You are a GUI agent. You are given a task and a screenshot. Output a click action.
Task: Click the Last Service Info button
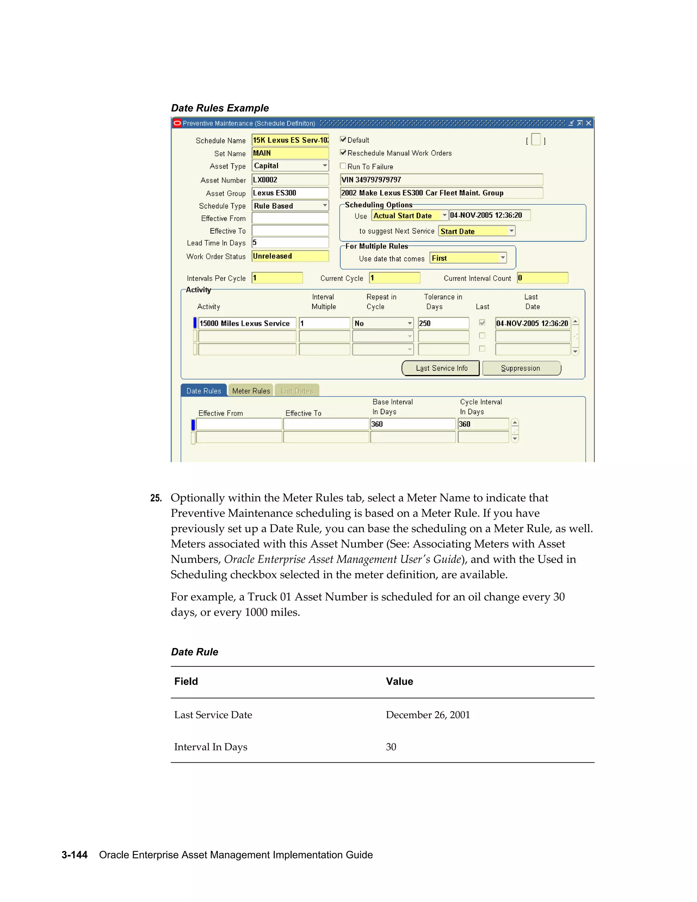441,368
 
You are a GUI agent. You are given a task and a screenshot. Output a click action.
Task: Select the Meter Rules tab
250,391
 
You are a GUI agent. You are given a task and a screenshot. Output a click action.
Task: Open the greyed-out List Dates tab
297,391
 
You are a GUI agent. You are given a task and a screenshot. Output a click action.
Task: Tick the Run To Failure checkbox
343,166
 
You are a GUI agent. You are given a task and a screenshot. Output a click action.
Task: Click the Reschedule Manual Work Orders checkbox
343,152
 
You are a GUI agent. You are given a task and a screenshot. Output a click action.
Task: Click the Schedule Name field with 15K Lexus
290,140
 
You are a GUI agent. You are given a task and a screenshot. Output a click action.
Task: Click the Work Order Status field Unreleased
290,256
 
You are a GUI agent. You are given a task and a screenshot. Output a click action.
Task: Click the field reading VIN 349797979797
441,180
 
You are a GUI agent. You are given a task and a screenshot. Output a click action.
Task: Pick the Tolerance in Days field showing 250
443,323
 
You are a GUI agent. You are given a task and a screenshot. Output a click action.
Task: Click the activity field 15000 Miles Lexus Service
246,323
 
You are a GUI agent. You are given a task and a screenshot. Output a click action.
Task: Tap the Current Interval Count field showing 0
542,278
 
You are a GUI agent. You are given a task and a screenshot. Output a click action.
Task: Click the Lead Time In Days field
290,242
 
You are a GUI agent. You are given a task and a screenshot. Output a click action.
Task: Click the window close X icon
588,123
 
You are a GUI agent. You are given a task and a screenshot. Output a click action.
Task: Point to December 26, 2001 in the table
428,715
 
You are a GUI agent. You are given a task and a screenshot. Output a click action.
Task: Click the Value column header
399,681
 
